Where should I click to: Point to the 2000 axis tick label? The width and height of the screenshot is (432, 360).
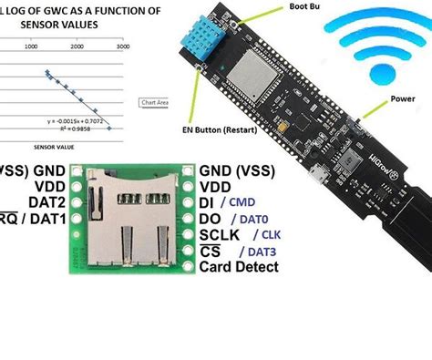(77, 44)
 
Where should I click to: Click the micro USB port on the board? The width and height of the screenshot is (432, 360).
(314, 173)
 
